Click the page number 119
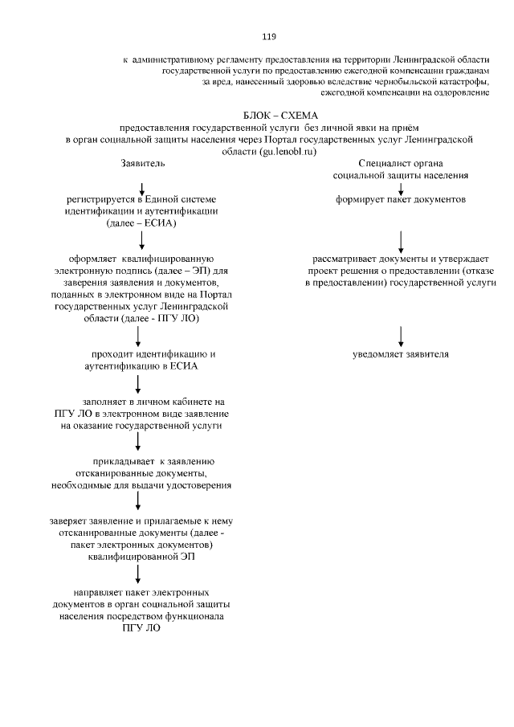(269, 36)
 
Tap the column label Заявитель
(142, 163)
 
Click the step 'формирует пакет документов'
(401, 199)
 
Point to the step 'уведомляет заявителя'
(401, 353)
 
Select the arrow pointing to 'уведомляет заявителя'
(401, 334)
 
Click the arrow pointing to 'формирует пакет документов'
(401, 186)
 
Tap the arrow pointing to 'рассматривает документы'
(401, 240)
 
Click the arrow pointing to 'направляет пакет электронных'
(138, 572)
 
